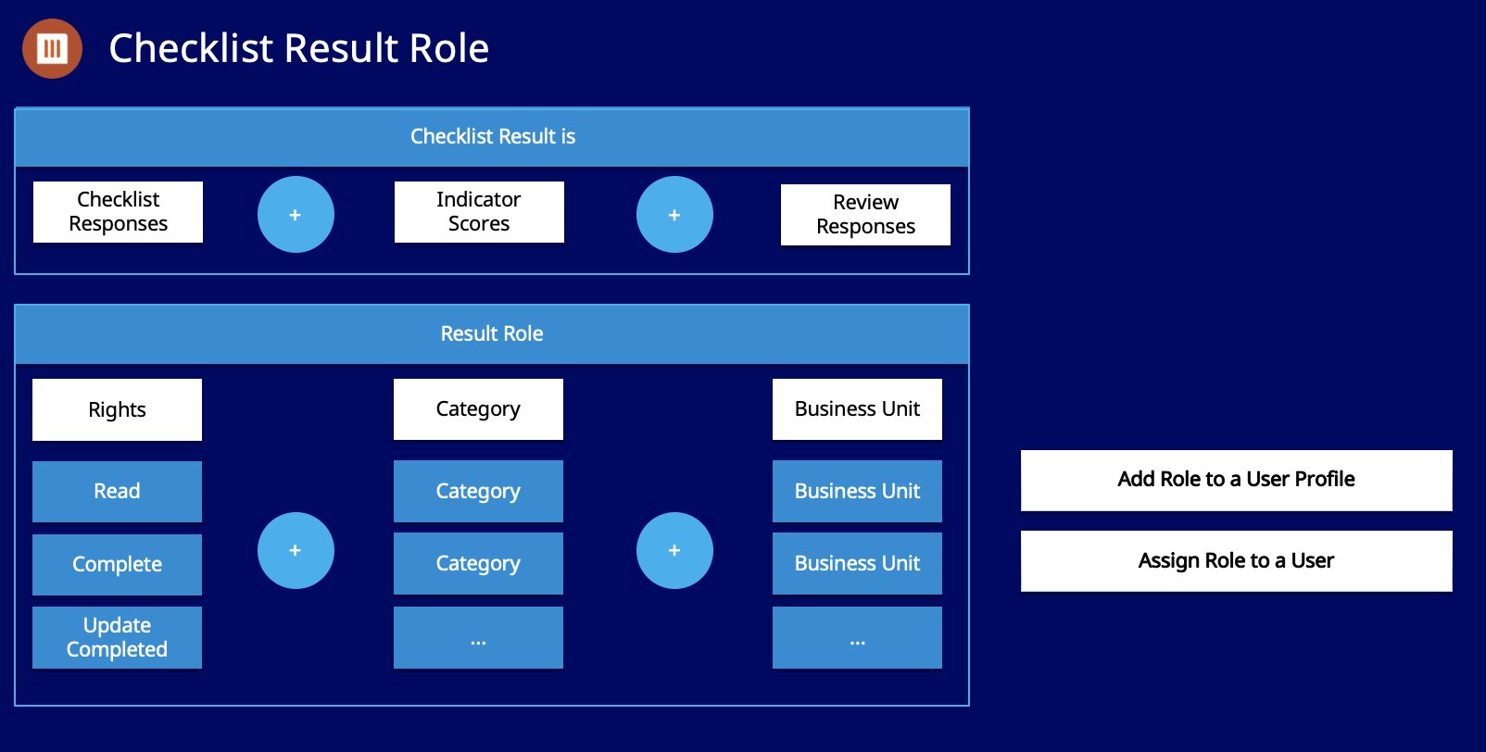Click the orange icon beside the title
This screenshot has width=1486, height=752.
[52, 48]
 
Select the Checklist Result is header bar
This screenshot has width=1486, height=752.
[492, 137]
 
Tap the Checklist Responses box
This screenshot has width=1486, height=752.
[118, 212]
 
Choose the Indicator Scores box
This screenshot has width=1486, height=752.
[479, 212]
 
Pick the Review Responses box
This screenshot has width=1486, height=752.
[865, 215]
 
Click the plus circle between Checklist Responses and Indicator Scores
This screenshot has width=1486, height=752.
[296, 215]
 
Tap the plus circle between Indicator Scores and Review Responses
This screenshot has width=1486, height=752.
[674, 215]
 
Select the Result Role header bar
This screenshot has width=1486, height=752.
[492, 334]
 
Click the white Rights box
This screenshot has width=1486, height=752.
[117, 409]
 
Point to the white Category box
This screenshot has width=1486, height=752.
[478, 409]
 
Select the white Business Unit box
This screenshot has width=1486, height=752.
[857, 409]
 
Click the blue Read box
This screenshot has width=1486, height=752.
[117, 492]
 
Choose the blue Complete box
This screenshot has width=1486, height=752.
[117, 565]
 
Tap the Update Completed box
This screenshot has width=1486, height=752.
[117, 637]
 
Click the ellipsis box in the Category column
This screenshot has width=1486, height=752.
[478, 637]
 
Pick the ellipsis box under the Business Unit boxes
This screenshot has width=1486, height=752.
[857, 637]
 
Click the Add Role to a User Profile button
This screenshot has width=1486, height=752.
[1236, 480]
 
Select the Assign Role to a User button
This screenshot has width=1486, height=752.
[1236, 561]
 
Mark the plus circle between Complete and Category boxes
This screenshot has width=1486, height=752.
[296, 550]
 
